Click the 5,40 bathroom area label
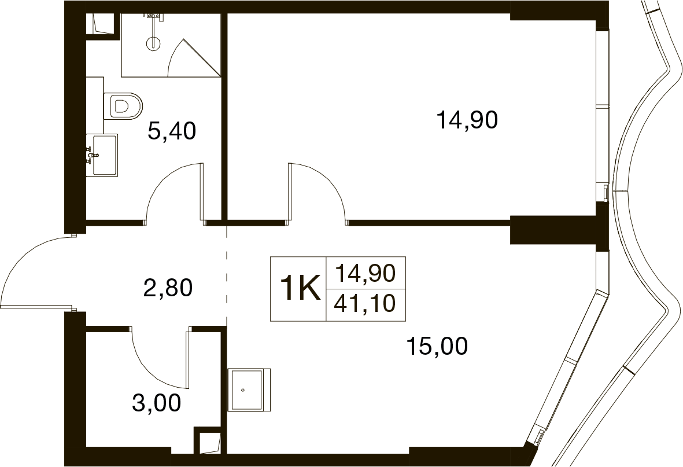[x=172, y=131]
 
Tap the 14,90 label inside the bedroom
[x=467, y=120]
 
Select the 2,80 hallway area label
[x=168, y=288]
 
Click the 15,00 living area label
[x=437, y=346]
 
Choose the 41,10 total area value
[x=365, y=303]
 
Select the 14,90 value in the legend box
[x=365, y=273]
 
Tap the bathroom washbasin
[x=102, y=155]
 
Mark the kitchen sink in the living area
[x=249, y=390]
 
